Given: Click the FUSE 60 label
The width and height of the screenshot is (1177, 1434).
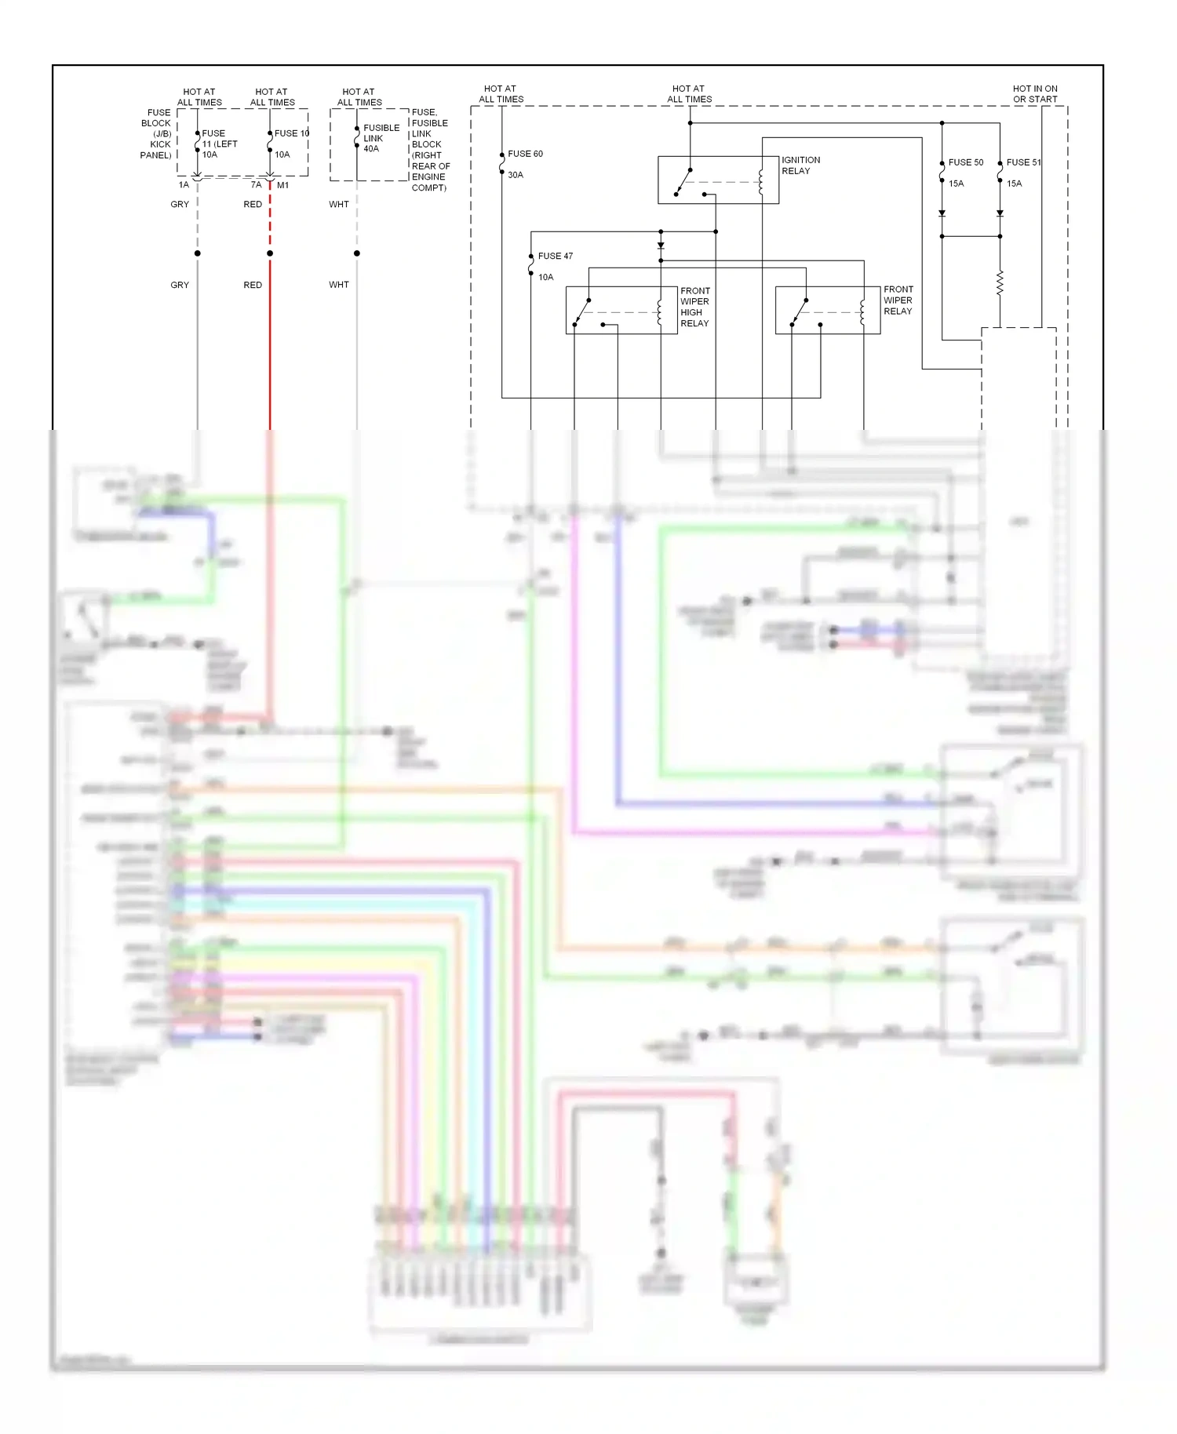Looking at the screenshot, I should click(x=525, y=154).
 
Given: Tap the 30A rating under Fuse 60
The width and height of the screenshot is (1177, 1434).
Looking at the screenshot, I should click(x=516, y=175).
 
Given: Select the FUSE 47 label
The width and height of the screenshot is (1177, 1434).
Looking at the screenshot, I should click(x=555, y=256).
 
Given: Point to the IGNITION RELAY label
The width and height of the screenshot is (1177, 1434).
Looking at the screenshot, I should click(x=800, y=166).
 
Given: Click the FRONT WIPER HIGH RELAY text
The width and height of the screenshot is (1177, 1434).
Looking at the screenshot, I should click(x=694, y=307).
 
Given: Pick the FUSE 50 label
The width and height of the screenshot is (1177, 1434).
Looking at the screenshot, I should click(x=965, y=162).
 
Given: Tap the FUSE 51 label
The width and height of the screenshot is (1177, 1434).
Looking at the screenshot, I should click(x=1023, y=162).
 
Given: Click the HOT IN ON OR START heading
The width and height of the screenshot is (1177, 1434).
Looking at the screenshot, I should click(x=1034, y=94).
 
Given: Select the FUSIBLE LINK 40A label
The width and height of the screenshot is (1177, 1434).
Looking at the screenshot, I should click(x=381, y=138).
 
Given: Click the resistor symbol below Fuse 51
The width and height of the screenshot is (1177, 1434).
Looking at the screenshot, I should click(x=1000, y=283).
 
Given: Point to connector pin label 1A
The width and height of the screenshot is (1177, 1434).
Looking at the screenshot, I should click(x=184, y=185).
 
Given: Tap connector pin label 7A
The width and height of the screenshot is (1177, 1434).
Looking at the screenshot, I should click(x=256, y=185).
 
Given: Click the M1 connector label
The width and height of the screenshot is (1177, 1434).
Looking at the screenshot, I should click(x=282, y=185).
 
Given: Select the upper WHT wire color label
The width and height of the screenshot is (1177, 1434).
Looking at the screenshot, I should click(x=339, y=204).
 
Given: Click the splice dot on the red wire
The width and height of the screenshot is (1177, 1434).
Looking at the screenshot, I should click(x=270, y=253).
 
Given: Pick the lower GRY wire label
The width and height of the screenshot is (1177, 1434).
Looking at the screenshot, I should click(x=180, y=285).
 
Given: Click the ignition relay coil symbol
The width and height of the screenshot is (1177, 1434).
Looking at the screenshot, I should click(x=760, y=182).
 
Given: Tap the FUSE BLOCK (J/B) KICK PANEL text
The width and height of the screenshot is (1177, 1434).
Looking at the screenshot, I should click(x=156, y=134).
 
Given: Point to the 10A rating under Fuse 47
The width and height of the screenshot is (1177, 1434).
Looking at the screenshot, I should click(x=545, y=277).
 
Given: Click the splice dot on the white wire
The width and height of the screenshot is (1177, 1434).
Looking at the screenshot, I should click(x=357, y=253).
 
